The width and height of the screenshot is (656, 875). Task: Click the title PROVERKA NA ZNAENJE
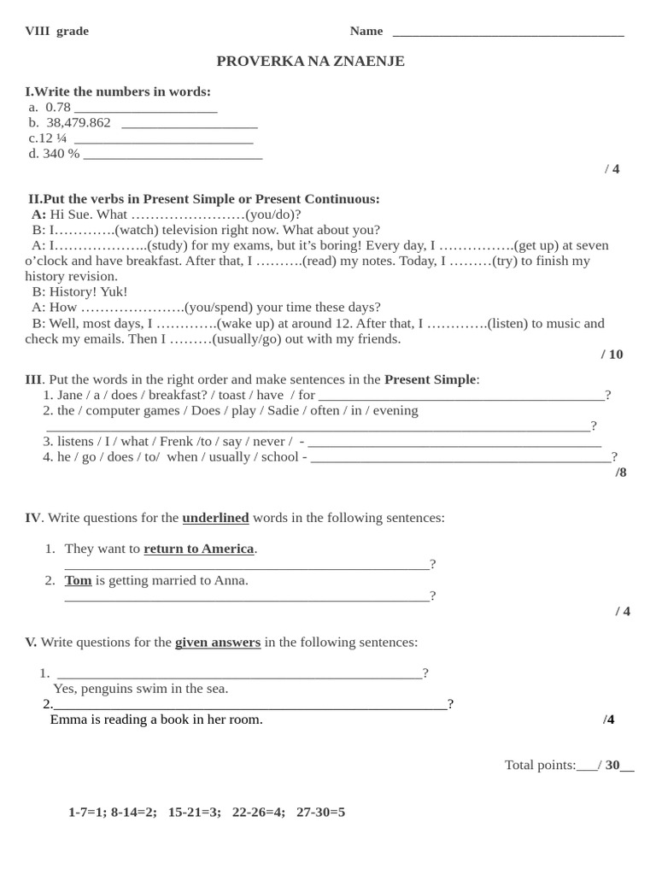tap(310, 62)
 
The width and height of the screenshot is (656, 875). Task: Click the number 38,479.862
tap(79, 123)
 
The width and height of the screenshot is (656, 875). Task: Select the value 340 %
tap(61, 154)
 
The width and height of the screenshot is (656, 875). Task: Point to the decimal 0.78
tap(58, 108)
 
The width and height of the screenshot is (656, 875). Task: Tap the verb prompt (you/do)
tap(272, 214)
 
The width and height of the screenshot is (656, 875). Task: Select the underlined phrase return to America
tap(198, 549)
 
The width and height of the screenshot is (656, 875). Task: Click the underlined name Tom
tap(78, 580)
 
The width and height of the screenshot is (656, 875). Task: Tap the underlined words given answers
tap(218, 643)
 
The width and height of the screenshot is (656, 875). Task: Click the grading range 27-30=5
tap(320, 812)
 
